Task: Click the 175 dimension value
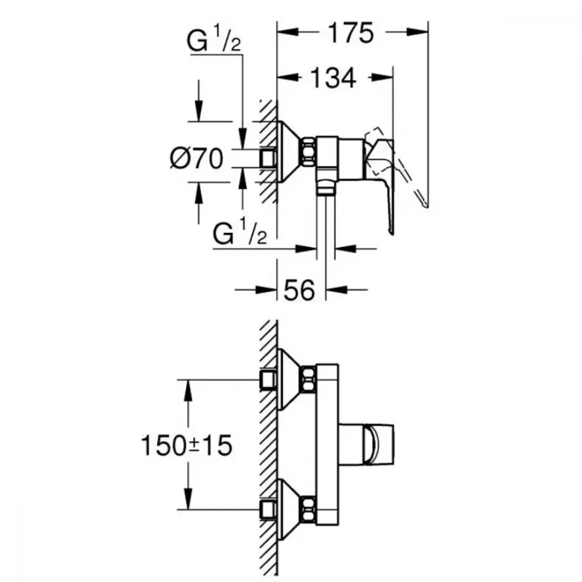pos(351,33)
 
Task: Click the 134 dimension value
pos(333,78)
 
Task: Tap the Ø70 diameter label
pos(197,158)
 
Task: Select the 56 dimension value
pos(299,290)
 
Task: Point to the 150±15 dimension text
pos(187,445)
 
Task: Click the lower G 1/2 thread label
pos(240,233)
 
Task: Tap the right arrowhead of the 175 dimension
pos(417,32)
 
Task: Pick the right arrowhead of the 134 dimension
pos(382,77)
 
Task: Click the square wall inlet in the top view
pos(268,158)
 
